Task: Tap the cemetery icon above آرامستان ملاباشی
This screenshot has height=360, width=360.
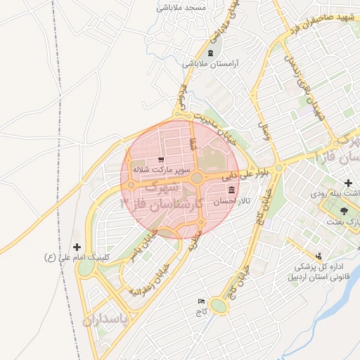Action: pyautogui.click(x=210, y=53)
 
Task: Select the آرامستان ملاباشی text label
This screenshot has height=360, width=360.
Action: pyautogui.click(x=211, y=63)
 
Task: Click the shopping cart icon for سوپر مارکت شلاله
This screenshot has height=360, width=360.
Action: pyautogui.click(x=160, y=160)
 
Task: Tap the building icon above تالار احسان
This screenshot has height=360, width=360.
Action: pyautogui.click(x=231, y=191)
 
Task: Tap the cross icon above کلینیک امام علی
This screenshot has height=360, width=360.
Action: pyautogui.click(x=77, y=247)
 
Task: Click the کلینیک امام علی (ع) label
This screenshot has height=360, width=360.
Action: pyautogui.click(x=77, y=257)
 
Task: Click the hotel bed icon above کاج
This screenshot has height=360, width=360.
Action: pyautogui.click(x=202, y=301)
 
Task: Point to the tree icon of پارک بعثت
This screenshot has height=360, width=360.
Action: pyautogui.click(x=343, y=211)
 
